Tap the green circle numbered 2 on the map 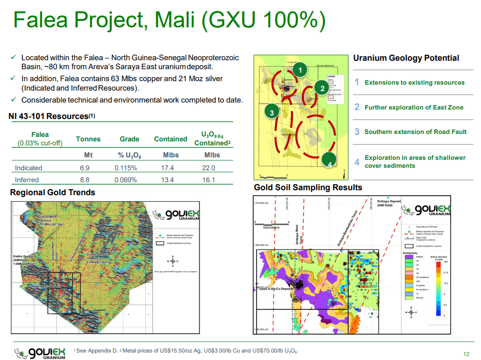click(x=322, y=89)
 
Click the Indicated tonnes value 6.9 click(x=85, y=168)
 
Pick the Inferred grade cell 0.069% click(x=125, y=180)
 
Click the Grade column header click(x=129, y=139)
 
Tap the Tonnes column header click(x=88, y=139)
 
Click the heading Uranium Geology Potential click(x=406, y=58)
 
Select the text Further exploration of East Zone click(x=414, y=107)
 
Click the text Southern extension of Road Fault click(x=415, y=131)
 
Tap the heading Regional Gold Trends click(x=53, y=192)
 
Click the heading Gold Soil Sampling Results click(x=308, y=187)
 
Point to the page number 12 click(x=466, y=354)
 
